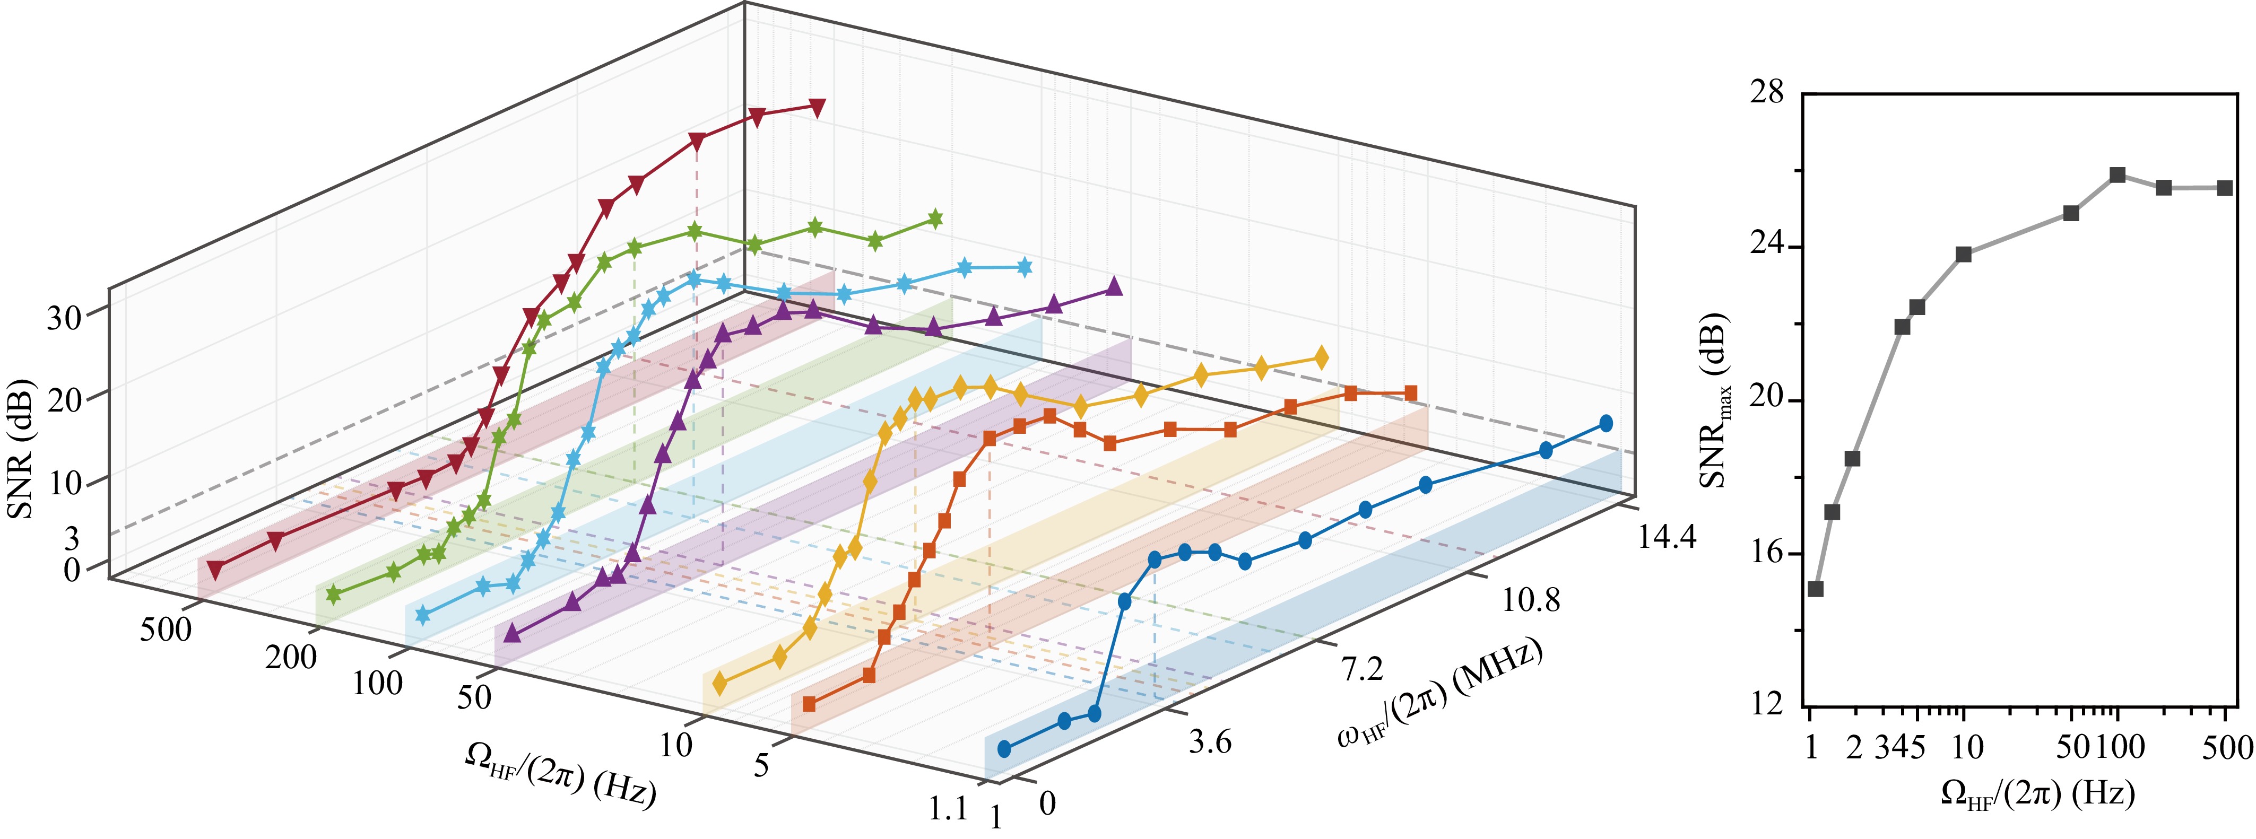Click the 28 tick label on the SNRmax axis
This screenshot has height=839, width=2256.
click(x=1766, y=92)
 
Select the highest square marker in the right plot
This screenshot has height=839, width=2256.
click(x=2118, y=175)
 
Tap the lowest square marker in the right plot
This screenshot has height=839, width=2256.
click(x=1816, y=589)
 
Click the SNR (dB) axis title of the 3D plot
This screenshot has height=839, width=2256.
click(x=19, y=448)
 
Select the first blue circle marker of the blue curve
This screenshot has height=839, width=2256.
click(x=1004, y=749)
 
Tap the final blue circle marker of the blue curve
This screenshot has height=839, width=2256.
click(x=1606, y=423)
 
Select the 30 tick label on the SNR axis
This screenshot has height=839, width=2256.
click(x=63, y=318)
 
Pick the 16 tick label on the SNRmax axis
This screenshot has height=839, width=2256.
click(x=1766, y=553)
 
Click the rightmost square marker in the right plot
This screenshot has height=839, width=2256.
click(x=2225, y=188)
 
